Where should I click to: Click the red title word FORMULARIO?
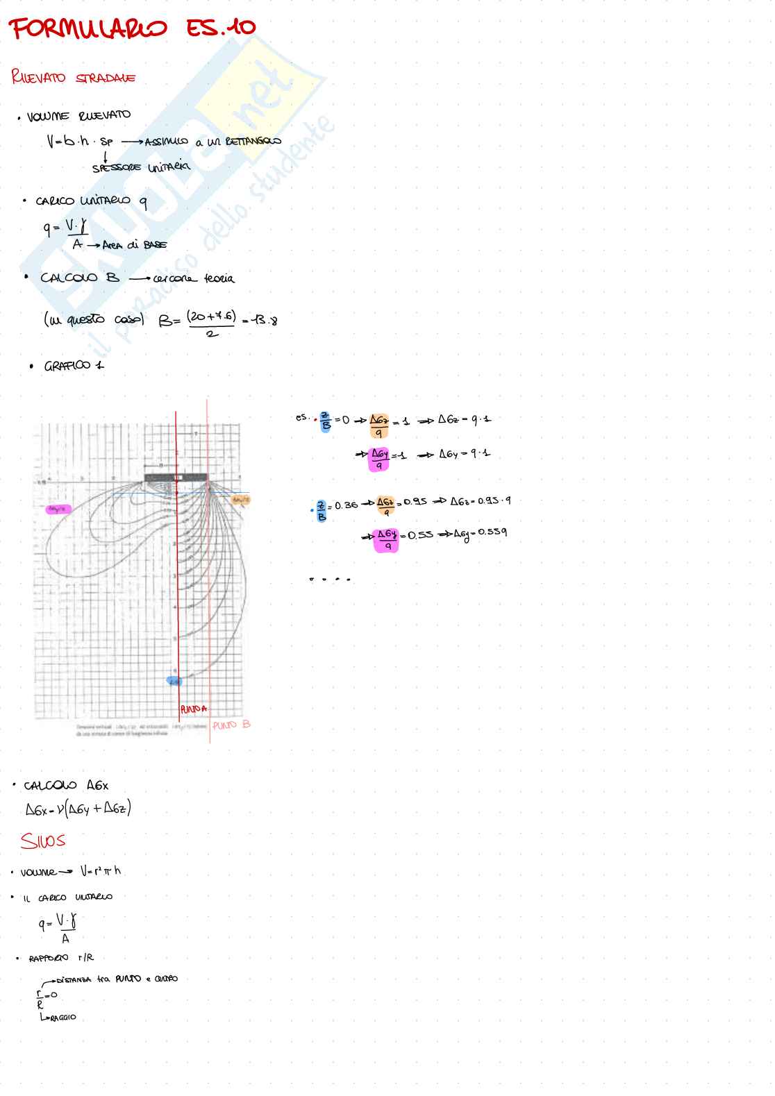[x=87, y=29]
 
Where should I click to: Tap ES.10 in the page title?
[x=221, y=28]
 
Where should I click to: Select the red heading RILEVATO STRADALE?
[x=73, y=77]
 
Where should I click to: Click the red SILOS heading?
[x=43, y=841]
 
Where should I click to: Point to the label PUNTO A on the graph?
[x=193, y=709]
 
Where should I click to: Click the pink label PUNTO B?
[x=231, y=725]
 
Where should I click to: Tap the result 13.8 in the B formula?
[x=265, y=321]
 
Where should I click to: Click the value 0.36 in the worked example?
[x=346, y=505]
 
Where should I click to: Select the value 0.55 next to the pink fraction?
[x=420, y=534]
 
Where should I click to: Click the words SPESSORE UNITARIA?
[x=141, y=167]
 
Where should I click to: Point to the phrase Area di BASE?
[x=134, y=245]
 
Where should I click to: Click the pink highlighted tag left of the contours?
[x=58, y=509]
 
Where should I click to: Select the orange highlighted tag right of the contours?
[x=240, y=499]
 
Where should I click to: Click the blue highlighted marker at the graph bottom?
[x=174, y=681]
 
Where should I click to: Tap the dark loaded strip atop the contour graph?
[x=175, y=478]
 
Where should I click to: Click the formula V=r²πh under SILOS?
[x=101, y=870]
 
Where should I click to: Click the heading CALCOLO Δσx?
[x=66, y=786]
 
